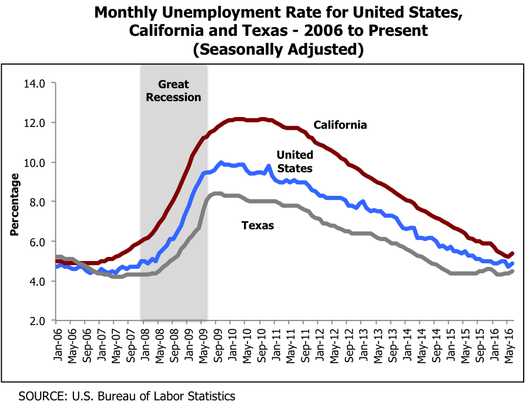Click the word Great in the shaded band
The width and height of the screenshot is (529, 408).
click(173, 85)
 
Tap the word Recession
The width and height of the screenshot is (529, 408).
click(173, 98)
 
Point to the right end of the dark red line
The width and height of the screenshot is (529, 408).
click(513, 253)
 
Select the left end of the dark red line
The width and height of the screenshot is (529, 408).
click(56, 261)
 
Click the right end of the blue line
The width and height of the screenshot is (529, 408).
click(513, 263)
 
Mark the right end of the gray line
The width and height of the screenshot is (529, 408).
click(513, 271)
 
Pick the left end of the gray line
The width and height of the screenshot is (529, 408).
click(56, 257)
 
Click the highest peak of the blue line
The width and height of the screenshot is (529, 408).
click(221, 162)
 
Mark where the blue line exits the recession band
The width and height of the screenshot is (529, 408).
click(206, 172)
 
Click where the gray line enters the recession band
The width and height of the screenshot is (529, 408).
click(141, 274)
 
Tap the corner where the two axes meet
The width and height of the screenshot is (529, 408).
click(56, 320)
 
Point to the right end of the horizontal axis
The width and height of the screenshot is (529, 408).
click(514, 320)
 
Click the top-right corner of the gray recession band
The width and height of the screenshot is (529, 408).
click(206, 65)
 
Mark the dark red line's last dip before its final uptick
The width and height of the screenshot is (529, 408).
click(508, 257)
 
